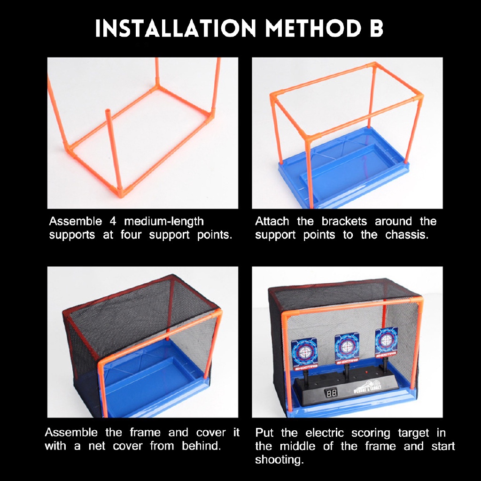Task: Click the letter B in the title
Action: pos(376,28)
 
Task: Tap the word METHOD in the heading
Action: pos(313,28)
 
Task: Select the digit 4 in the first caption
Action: pos(113,221)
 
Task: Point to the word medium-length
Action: pos(164,222)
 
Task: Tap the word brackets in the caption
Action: pos(344,221)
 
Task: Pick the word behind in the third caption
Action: pos(201,445)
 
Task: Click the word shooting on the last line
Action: pos(279,459)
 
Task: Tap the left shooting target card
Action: pos(304,353)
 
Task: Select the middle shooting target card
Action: pos(347,348)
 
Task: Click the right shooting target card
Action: pos(386,342)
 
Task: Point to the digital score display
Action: pos(330,392)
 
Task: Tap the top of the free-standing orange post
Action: pos(108,111)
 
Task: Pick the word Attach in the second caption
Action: pos(272,221)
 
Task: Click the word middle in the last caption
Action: pos(297,446)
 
